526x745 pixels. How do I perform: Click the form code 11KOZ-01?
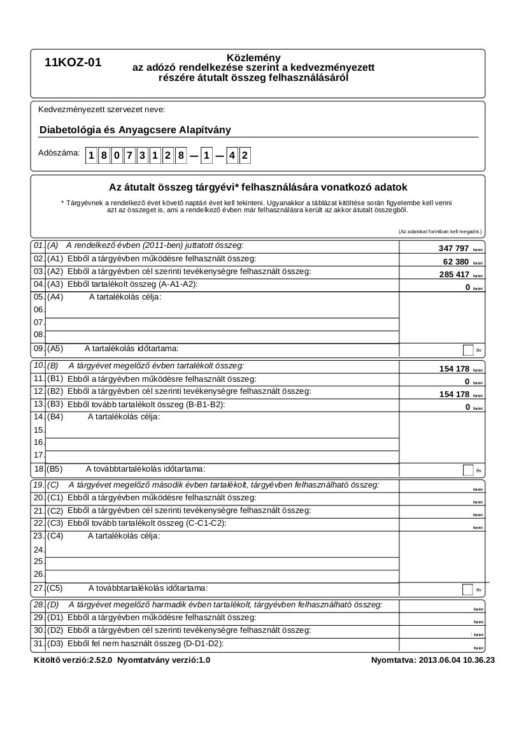click(73, 63)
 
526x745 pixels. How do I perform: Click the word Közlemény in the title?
click(253, 58)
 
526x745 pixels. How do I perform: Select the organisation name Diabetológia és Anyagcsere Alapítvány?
click(135, 130)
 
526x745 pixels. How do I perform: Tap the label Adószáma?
click(59, 153)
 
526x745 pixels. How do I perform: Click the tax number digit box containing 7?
click(129, 156)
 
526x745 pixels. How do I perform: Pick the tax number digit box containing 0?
click(117, 156)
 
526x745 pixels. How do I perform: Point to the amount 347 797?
click(453, 248)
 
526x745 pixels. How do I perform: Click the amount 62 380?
click(456, 261)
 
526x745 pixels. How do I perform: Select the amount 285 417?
click(453, 274)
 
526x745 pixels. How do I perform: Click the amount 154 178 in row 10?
click(454, 369)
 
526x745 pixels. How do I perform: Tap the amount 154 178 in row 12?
click(454, 394)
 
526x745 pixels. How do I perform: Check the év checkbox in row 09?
click(468, 349)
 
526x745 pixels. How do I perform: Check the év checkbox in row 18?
click(468, 470)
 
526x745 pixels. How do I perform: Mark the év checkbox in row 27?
click(468, 589)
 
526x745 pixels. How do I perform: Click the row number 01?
click(38, 245)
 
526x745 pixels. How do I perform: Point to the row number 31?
click(38, 644)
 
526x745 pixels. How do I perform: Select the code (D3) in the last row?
click(55, 644)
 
